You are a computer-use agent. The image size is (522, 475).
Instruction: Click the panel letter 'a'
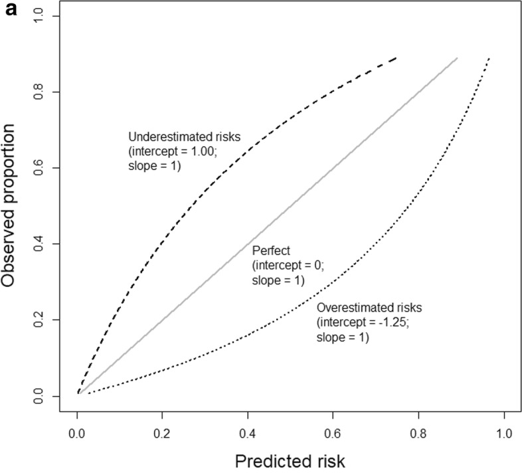point(11,10)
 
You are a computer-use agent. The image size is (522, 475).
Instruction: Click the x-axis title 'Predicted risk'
point(290,459)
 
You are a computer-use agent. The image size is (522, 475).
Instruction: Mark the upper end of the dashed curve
point(396,58)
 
